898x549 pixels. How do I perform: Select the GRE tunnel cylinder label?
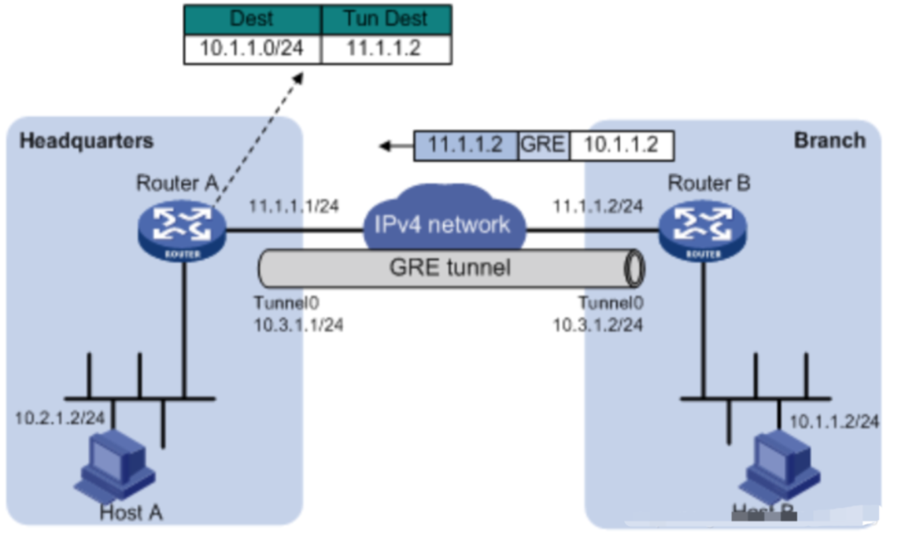pos(449,268)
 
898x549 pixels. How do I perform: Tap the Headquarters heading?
pos(87,141)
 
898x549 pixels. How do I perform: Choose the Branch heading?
pos(829,140)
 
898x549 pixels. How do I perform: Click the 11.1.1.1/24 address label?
pos(292,206)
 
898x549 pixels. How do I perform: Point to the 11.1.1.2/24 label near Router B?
pos(596,206)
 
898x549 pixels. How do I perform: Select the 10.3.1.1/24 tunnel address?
pos(298,325)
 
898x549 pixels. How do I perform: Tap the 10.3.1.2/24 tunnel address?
pos(598,325)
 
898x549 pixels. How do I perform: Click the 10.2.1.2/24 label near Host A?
pos(60,418)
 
